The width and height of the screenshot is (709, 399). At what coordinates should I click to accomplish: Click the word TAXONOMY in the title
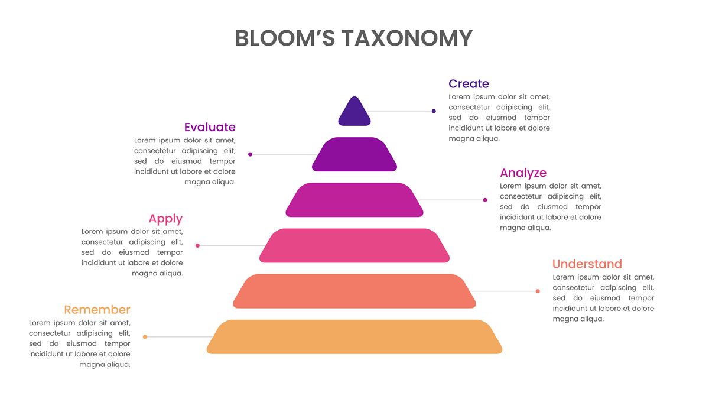pyautogui.click(x=406, y=38)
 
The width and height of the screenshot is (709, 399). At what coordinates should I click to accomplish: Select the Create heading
pyautogui.click(x=469, y=84)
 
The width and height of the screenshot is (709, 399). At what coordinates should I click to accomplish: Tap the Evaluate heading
pyautogui.click(x=210, y=127)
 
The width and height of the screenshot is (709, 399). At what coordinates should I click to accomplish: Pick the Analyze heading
pyautogui.click(x=523, y=173)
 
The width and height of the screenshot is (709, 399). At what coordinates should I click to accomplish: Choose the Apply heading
pyautogui.click(x=165, y=219)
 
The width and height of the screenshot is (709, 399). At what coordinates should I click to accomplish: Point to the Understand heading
pyautogui.click(x=587, y=264)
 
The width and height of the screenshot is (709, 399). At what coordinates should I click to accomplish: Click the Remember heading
pyautogui.click(x=97, y=310)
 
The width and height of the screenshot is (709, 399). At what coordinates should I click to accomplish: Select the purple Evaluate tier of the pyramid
pyautogui.click(x=354, y=154)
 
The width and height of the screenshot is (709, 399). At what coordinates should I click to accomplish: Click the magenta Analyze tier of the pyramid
pyautogui.click(x=354, y=200)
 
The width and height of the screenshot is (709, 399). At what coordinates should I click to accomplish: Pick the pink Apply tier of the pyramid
pyautogui.click(x=354, y=245)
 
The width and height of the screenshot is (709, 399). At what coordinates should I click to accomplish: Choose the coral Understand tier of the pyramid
pyautogui.click(x=354, y=291)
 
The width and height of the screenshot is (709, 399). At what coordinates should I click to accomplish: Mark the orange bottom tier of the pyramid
pyautogui.click(x=354, y=337)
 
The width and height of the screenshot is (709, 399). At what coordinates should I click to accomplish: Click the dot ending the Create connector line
pyautogui.click(x=434, y=111)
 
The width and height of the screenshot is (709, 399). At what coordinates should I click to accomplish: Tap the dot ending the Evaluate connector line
pyautogui.click(x=251, y=154)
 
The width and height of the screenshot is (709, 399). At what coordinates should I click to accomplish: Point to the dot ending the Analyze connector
pyautogui.click(x=485, y=200)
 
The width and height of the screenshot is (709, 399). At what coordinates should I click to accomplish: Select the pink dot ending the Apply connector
pyautogui.click(x=197, y=245)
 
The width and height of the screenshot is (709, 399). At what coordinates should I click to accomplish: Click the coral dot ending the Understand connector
pyautogui.click(x=538, y=291)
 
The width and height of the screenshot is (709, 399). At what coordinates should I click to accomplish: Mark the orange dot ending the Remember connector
pyautogui.click(x=145, y=337)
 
